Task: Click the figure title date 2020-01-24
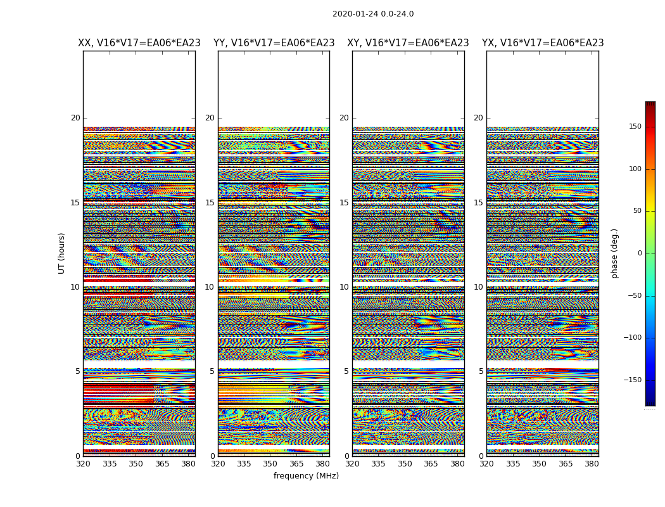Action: [x=355, y=14]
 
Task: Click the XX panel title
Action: [x=139, y=43]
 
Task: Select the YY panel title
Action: [x=274, y=43]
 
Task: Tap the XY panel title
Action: [x=408, y=43]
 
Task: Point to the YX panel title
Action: [x=543, y=43]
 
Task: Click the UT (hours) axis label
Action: [x=62, y=253]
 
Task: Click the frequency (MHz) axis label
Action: [x=306, y=476]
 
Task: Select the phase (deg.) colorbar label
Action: [x=614, y=253]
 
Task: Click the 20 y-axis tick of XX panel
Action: [x=75, y=118]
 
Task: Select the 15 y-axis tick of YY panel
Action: [x=210, y=203]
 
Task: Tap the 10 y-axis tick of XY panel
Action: [x=344, y=287]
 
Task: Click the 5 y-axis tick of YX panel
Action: [x=481, y=371]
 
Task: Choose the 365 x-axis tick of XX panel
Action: [x=162, y=464]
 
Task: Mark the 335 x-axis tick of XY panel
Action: [x=379, y=464]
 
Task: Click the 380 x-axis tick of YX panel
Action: [x=592, y=464]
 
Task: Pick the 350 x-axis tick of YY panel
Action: [x=270, y=464]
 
